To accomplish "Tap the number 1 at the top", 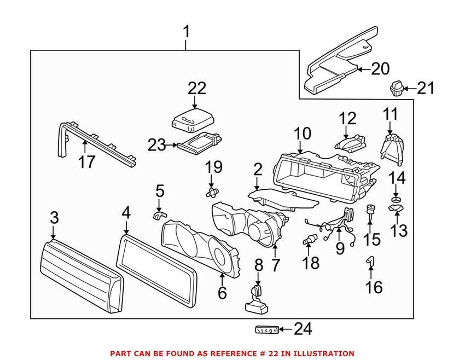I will click(x=186, y=32).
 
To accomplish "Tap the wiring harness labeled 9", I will click(x=334, y=224).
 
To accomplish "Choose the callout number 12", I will click(x=347, y=118).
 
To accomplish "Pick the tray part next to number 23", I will click(x=200, y=144).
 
